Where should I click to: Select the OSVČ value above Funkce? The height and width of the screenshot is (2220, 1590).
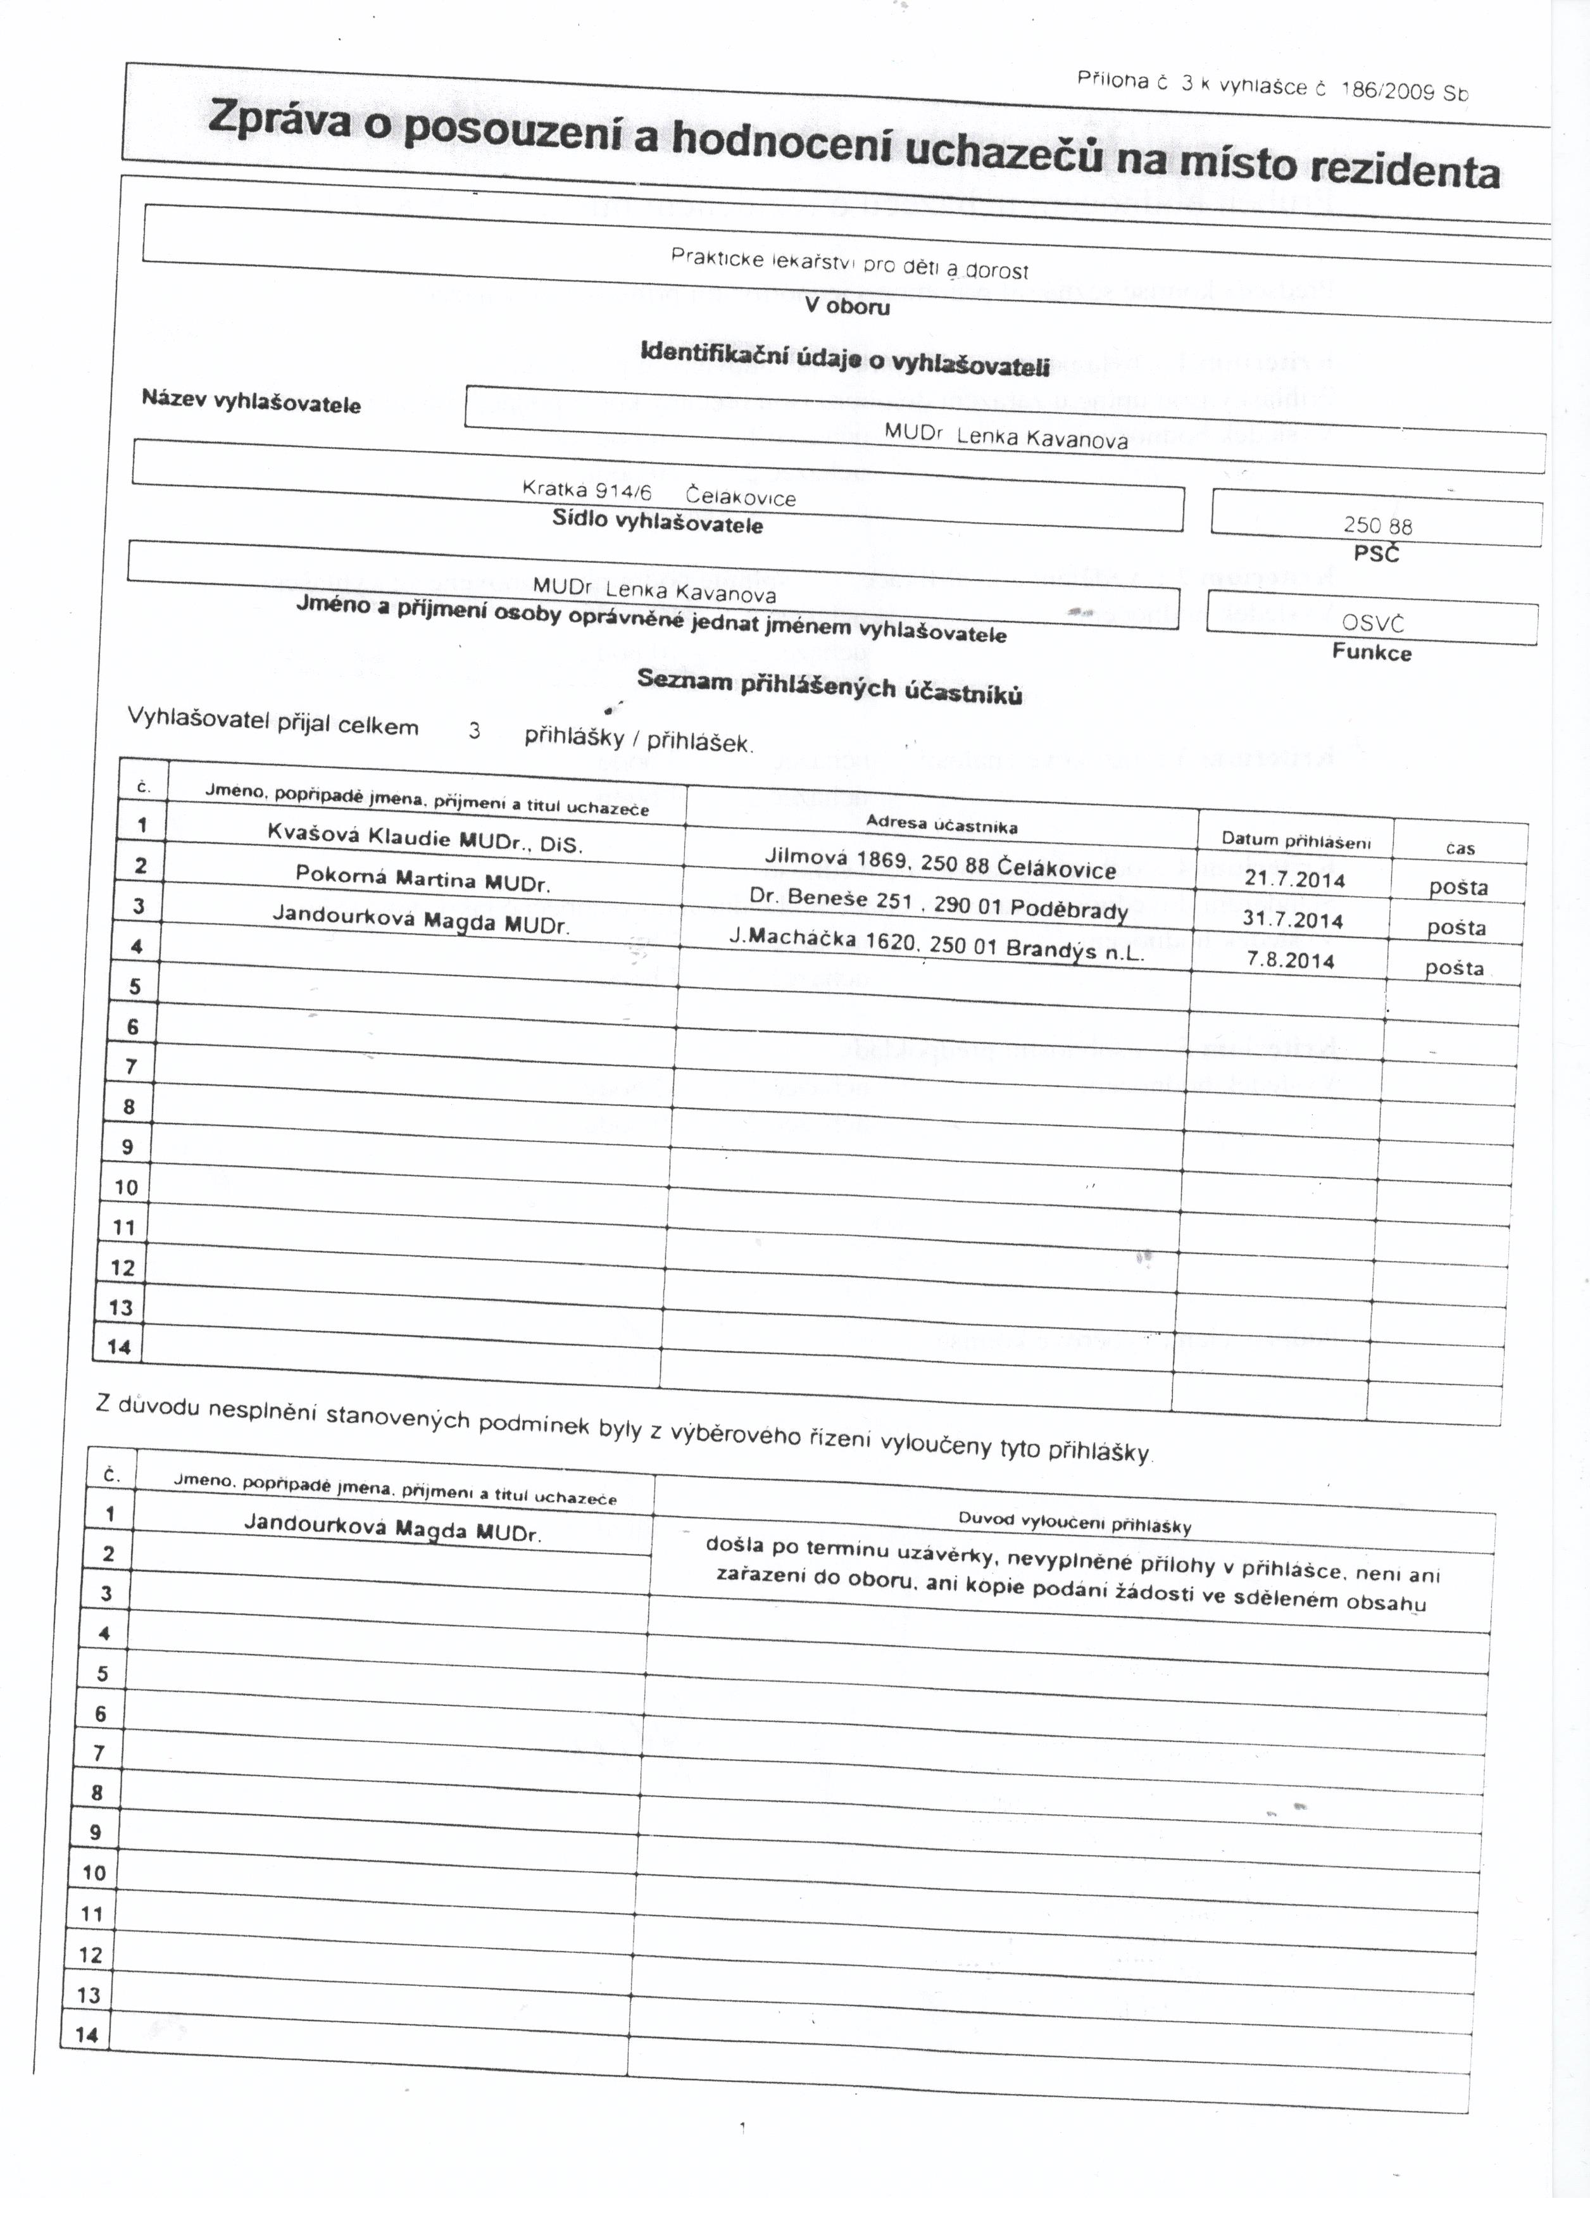tap(1373, 622)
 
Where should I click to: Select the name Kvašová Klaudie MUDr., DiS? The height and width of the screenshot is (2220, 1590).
tap(425, 838)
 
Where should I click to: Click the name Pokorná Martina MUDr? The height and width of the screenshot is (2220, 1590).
tap(423, 879)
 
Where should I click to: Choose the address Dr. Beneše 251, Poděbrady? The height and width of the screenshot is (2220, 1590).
tap(938, 903)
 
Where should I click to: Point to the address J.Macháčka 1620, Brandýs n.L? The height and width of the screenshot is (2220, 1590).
tap(936, 944)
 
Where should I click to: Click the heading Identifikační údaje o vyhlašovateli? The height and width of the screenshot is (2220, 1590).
tap(844, 359)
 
